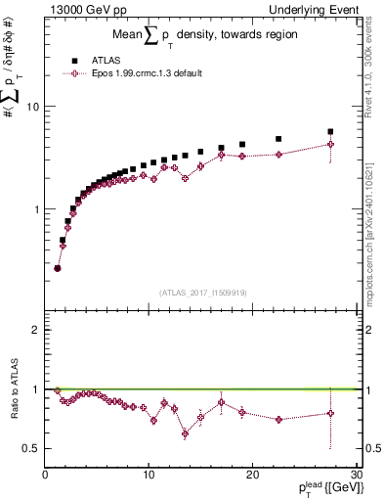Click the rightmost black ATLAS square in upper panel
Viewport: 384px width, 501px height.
click(330, 131)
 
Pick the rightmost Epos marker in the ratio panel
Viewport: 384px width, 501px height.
click(330, 413)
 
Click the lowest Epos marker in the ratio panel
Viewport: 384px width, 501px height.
click(185, 434)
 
